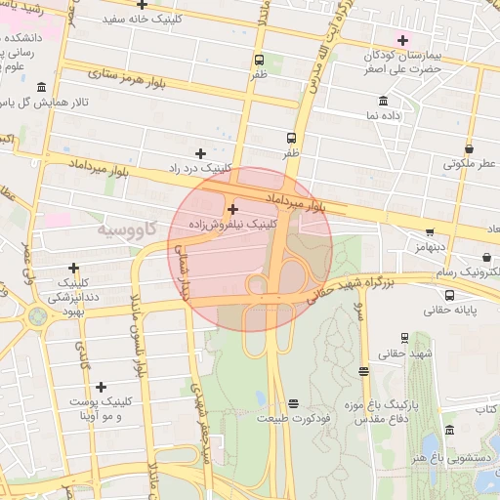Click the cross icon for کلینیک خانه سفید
[x=143, y=5]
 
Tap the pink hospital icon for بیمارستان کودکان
[x=402, y=39]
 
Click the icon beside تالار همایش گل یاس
[x=40, y=88]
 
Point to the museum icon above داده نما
[x=381, y=102]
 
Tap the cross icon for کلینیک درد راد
[x=201, y=153]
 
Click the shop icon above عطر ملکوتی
[x=470, y=149]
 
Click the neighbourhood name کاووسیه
[x=128, y=229]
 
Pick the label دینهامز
[x=427, y=248]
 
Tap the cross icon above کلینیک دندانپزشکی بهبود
[x=74, y=268]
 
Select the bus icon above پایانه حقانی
[x=449, y=295]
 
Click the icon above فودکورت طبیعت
[x=293, y=403]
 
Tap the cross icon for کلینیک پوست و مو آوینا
[x=101, y=388]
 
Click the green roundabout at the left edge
[x=38, y=316]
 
